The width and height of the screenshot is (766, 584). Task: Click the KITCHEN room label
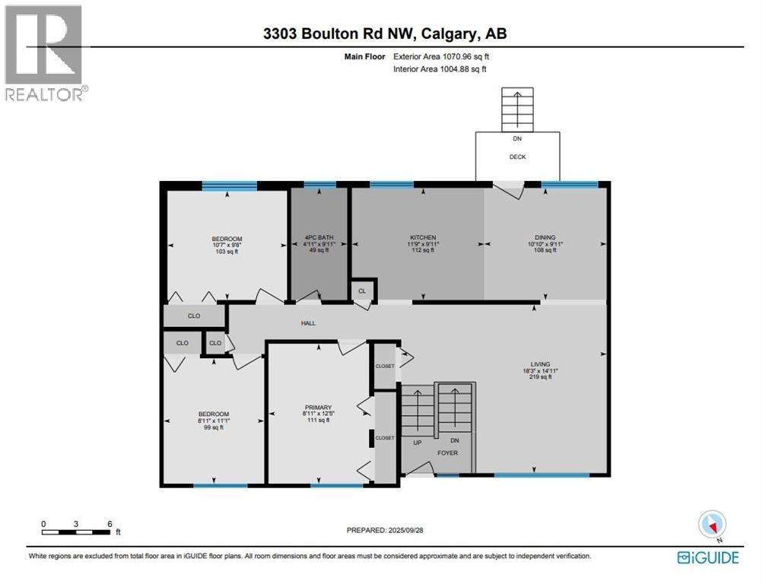tap(422, 237)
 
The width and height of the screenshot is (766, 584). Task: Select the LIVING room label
tap(541, 364)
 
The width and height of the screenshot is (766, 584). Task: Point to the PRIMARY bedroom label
tap(318, 408)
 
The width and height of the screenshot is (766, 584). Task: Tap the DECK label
tap(517, 157)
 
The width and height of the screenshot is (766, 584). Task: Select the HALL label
tap(308, 323)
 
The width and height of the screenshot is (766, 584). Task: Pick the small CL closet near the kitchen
tap(361, 291)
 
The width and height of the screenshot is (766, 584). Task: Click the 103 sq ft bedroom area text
tap(227, 251)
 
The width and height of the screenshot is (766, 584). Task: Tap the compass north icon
tap(713, 524)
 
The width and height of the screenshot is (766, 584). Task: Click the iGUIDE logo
tap(707, 557)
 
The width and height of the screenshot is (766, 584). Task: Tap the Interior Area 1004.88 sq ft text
tap(440, 69)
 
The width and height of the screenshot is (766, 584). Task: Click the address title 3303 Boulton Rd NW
tap(383, 33)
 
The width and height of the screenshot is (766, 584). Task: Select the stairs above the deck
tap(517, 109)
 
